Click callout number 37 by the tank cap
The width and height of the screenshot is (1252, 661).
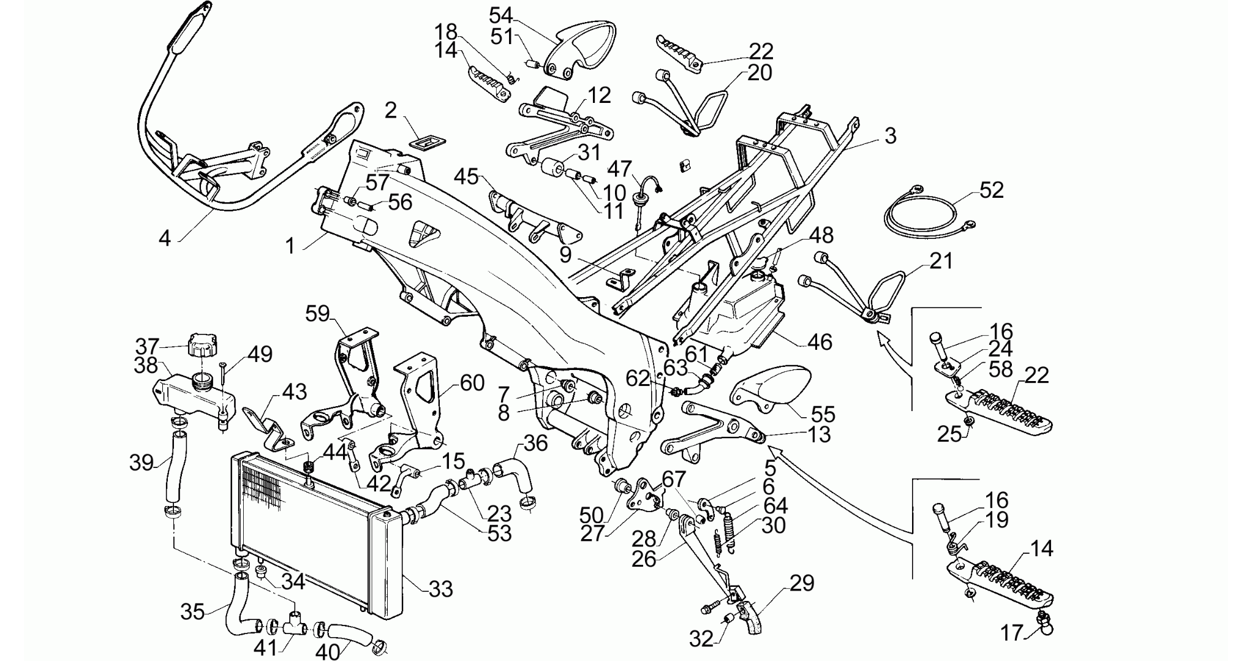point(147,346)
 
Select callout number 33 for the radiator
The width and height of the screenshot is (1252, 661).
point(441,589)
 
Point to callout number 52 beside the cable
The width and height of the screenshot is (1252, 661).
point(992,190)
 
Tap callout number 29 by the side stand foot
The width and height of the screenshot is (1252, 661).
point(802,583)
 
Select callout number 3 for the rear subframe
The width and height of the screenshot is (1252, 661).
point(890,135)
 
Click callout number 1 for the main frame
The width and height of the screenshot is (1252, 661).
point(290,246)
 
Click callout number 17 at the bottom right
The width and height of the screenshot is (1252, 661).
point(1013,632)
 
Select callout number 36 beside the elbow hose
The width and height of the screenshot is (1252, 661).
point(536,444)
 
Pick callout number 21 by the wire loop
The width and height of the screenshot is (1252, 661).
point(941,261)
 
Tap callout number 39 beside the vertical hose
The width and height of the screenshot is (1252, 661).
point(141,463)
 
